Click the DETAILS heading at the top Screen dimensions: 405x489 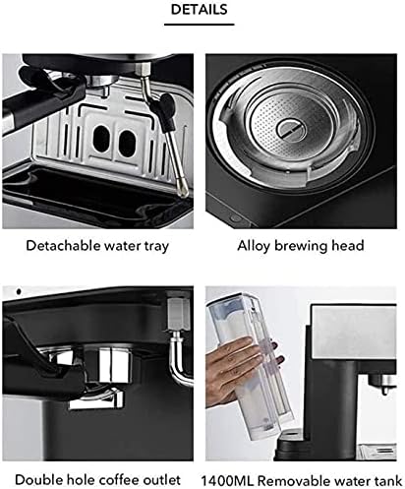pos(199,10)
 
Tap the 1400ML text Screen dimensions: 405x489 pos(227,481)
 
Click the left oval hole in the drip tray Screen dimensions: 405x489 pos(101,139)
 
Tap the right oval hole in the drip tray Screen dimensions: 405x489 pos(127,143)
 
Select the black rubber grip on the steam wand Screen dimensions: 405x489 pos(166,111)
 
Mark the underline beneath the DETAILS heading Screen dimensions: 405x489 pos(199,25)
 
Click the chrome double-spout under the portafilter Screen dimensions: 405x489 pos(97,397)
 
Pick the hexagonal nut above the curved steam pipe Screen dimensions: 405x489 pos(179,314)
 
